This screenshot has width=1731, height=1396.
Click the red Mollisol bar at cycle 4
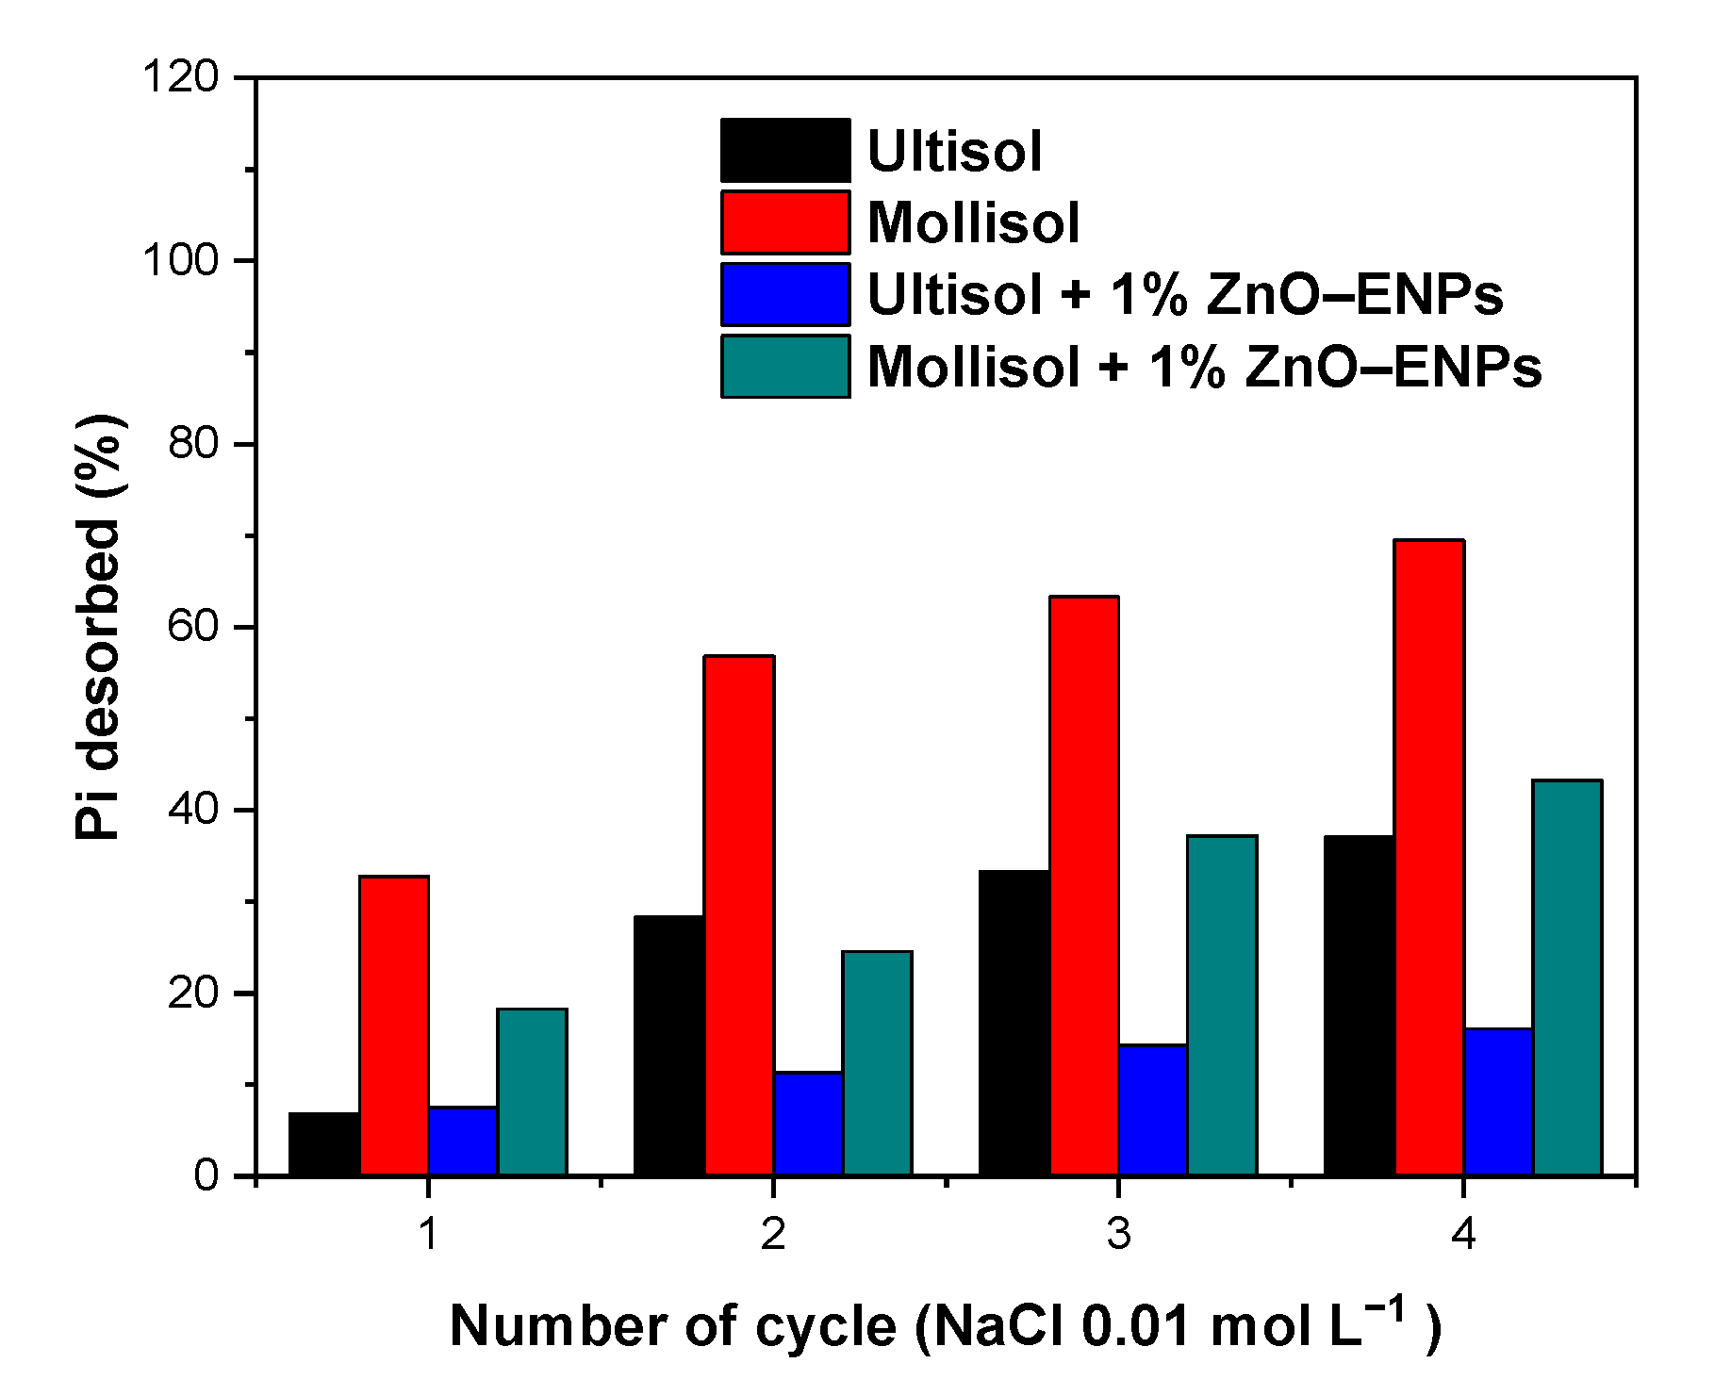click(1429, 858)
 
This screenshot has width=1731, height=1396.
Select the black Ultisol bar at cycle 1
click(324, 1144)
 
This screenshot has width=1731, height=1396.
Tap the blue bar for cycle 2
click(808, 1124)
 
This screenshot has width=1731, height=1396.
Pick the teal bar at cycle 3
click(1222, 1006)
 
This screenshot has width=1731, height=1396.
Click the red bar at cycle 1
click(394, 1026)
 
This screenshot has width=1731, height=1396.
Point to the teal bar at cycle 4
click(1567, 977)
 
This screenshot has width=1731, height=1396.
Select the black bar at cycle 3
click(1014, 1023)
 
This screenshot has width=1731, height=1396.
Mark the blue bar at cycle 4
click(1498, 1102)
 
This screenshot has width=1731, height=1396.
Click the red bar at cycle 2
click(739, 915)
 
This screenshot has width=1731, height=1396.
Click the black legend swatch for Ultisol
click(785, 151)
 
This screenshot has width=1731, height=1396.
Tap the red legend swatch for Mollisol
click(785, 222)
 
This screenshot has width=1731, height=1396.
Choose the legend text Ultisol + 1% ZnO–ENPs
click(1184, 295)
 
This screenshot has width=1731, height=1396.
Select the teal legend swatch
click(785, 367)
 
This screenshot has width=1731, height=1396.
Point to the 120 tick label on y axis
click(180, 76)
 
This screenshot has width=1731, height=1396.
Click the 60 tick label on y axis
click(192, 627)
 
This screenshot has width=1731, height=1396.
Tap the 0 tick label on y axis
click(206, 1176)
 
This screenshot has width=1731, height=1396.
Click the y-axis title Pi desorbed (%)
click(99, 627)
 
